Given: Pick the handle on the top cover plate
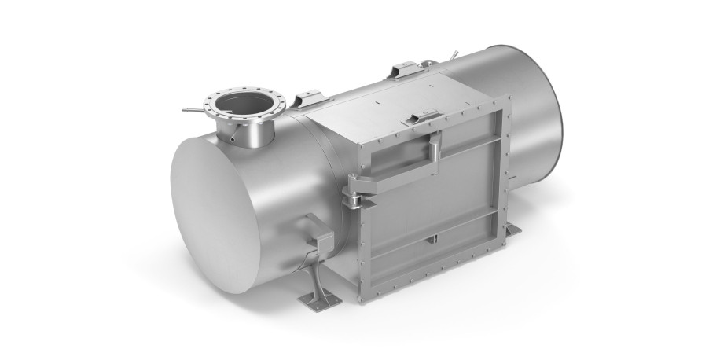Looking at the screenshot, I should (414, 120).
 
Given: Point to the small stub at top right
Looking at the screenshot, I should (454, 56).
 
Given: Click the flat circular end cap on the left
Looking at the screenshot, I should (215, 212).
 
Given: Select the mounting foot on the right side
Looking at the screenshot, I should (512, 230).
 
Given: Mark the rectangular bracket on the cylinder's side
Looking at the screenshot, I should (318, 236).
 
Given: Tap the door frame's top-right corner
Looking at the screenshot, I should (506, 101).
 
